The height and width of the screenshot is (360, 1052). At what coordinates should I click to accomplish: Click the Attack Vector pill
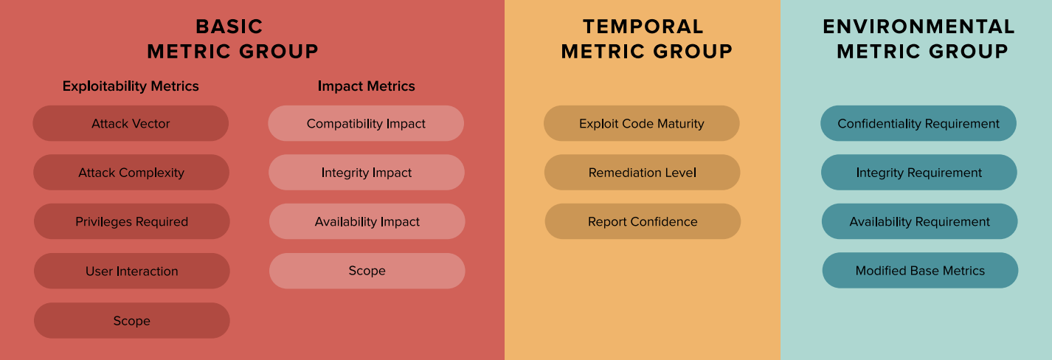pos(131,123)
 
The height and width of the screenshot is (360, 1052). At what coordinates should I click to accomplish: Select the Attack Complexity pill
pos(131,173)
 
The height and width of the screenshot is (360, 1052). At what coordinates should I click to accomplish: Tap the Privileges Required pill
pos(131,221)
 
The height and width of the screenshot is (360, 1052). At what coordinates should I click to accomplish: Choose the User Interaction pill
pos(131,271)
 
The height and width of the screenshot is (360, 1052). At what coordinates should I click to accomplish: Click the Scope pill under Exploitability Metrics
pos(131,321)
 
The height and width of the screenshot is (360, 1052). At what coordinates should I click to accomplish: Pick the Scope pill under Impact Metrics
pos(367,271)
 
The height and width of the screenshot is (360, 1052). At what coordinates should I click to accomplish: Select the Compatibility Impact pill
pos(366,123)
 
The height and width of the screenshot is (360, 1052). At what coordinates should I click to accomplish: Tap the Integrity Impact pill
pos(367,173)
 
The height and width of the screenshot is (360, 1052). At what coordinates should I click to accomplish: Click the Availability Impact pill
pos(367,221)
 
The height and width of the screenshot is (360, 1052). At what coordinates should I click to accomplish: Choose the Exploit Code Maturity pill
pos(642,123)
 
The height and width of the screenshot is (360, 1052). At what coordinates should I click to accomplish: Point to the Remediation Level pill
pos(642,173)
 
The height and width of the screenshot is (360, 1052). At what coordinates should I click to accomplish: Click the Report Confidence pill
pos(643,221)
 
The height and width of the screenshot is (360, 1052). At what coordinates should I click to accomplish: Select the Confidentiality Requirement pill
pos(918,123)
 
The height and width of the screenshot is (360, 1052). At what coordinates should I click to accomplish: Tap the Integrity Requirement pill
pos(918,173)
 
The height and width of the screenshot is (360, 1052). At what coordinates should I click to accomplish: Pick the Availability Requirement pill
pos(919,221)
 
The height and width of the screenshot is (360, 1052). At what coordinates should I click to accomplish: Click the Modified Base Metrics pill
pos(920,270)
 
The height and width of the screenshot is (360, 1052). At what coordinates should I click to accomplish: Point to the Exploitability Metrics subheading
pos(131,86)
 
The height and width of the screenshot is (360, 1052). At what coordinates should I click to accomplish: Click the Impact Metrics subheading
pos(367,86)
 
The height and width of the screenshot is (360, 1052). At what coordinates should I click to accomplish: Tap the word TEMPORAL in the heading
pos(643,27)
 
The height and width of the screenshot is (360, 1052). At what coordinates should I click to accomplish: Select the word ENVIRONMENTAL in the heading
pos(918,27)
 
